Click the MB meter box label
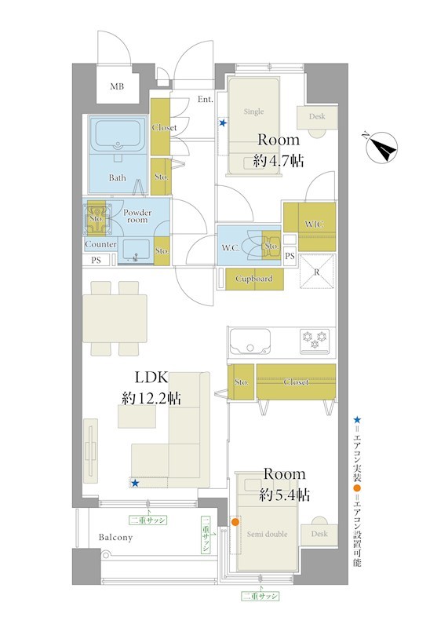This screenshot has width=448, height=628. pos(117,86)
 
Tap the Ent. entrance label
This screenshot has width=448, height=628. pos(205,100)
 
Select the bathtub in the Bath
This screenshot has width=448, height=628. pos(117,134)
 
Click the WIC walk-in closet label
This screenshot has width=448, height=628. pos(314,224)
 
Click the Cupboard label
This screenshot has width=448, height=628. pos(254,279)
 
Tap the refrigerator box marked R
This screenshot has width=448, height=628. pos(317,272)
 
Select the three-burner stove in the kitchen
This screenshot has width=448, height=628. pos(315,341)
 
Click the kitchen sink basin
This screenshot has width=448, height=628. pos(249,341)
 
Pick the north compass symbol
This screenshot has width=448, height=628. pos(382,147)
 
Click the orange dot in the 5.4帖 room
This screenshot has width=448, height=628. pos(235,522)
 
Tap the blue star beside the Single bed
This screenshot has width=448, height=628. pos(223,123)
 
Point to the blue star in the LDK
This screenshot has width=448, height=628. pos(135,484)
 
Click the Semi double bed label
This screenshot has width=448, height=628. pos(267,534)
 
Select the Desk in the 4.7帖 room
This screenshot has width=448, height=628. pos(317,118)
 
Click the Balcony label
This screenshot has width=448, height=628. pos(115,538)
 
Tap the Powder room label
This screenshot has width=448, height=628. pos(137,216)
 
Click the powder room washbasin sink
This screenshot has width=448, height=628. pos(136,250)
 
